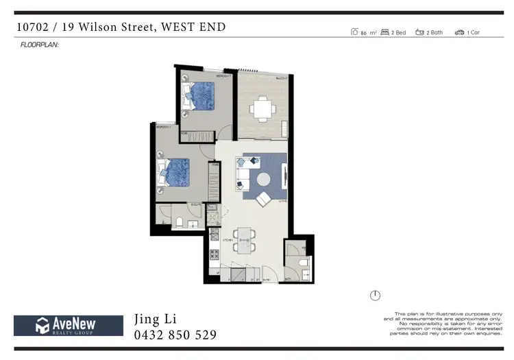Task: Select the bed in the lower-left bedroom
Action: [175, 172]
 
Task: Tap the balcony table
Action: [261, 107]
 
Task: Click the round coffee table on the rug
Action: [265, 180]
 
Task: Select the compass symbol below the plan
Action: [375, 296]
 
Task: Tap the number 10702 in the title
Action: [34, 27]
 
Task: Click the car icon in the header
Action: [459, 32]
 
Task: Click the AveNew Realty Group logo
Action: [64, 325]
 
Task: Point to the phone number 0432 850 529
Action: [175, 335]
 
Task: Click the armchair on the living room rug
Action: [262, 200]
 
